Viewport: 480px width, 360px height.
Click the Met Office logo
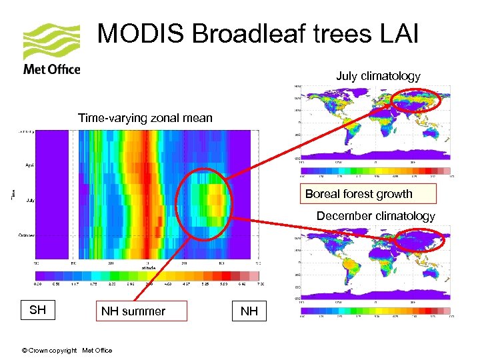tap(51, 49)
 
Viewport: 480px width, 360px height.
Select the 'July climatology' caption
tap(378, 76)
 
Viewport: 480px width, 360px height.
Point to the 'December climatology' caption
tap(375, 216)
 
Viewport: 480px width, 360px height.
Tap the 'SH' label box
tap(37, 310)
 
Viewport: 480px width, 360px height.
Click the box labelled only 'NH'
tap(249, 311)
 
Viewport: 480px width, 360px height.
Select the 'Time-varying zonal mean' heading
tap(145, 118)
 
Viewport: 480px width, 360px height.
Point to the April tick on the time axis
tap(30, 164)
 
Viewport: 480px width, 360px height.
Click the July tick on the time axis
tap(30, 200)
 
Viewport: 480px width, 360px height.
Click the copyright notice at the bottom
tap(67, 350)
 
